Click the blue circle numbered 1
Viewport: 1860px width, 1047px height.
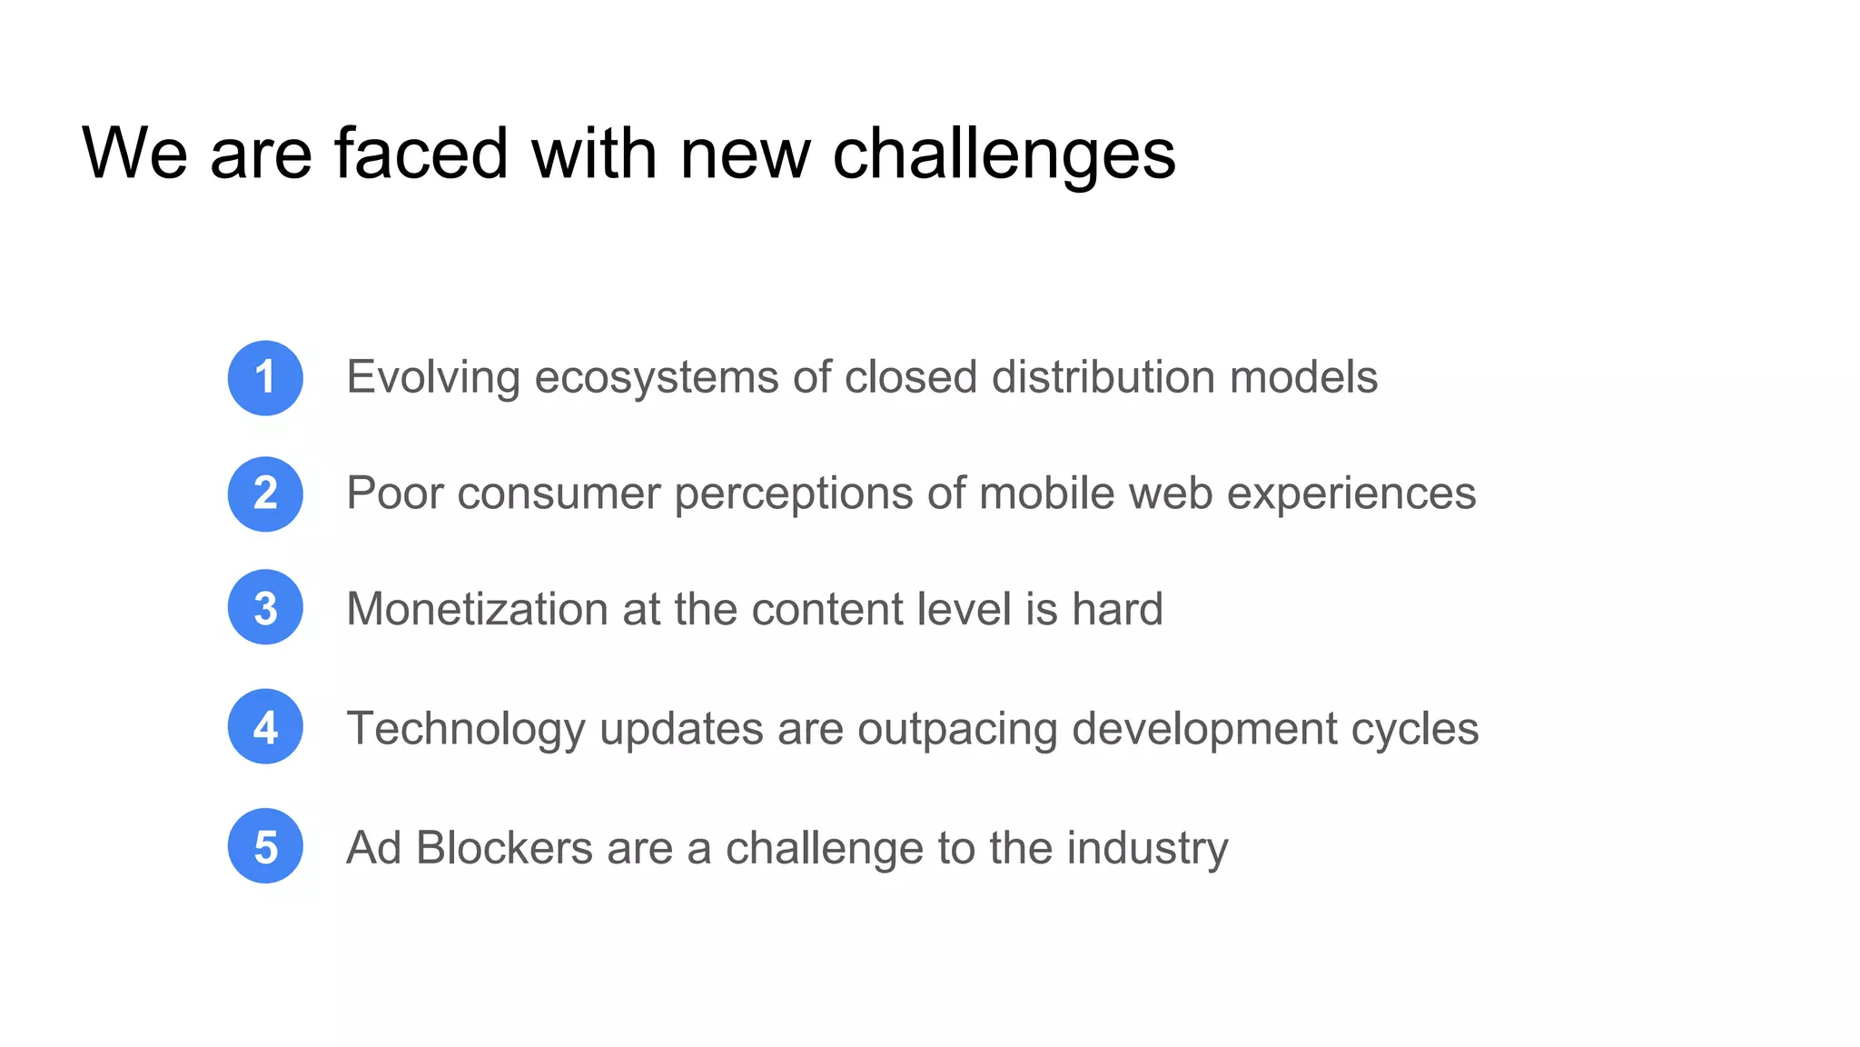[x=265, y=378]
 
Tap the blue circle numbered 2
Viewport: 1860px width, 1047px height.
[x=265, y=494]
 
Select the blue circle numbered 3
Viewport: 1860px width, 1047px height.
[x=265, y=607]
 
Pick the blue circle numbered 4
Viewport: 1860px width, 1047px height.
[x=265, y=726]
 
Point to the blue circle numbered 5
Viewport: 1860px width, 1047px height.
[x=265, y=846]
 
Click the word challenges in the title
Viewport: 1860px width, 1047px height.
[x=1004, y=155]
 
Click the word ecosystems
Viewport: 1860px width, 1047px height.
[x=656, y=378]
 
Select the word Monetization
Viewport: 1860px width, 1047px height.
[x=477, y=609]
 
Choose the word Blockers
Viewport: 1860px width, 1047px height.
[x=504, y=848]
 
